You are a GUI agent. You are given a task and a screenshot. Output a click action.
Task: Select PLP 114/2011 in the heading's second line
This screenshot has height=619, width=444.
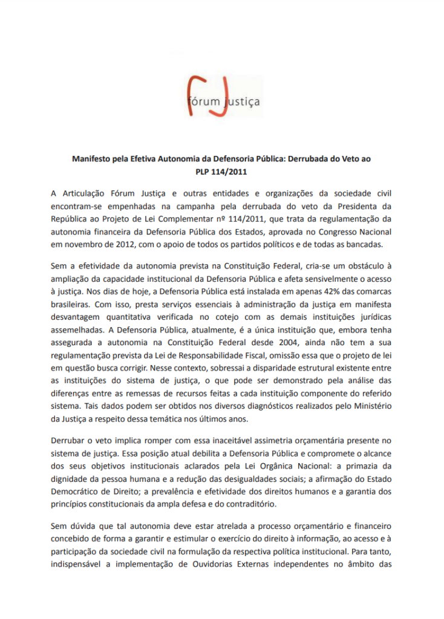(x=222, y=172)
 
